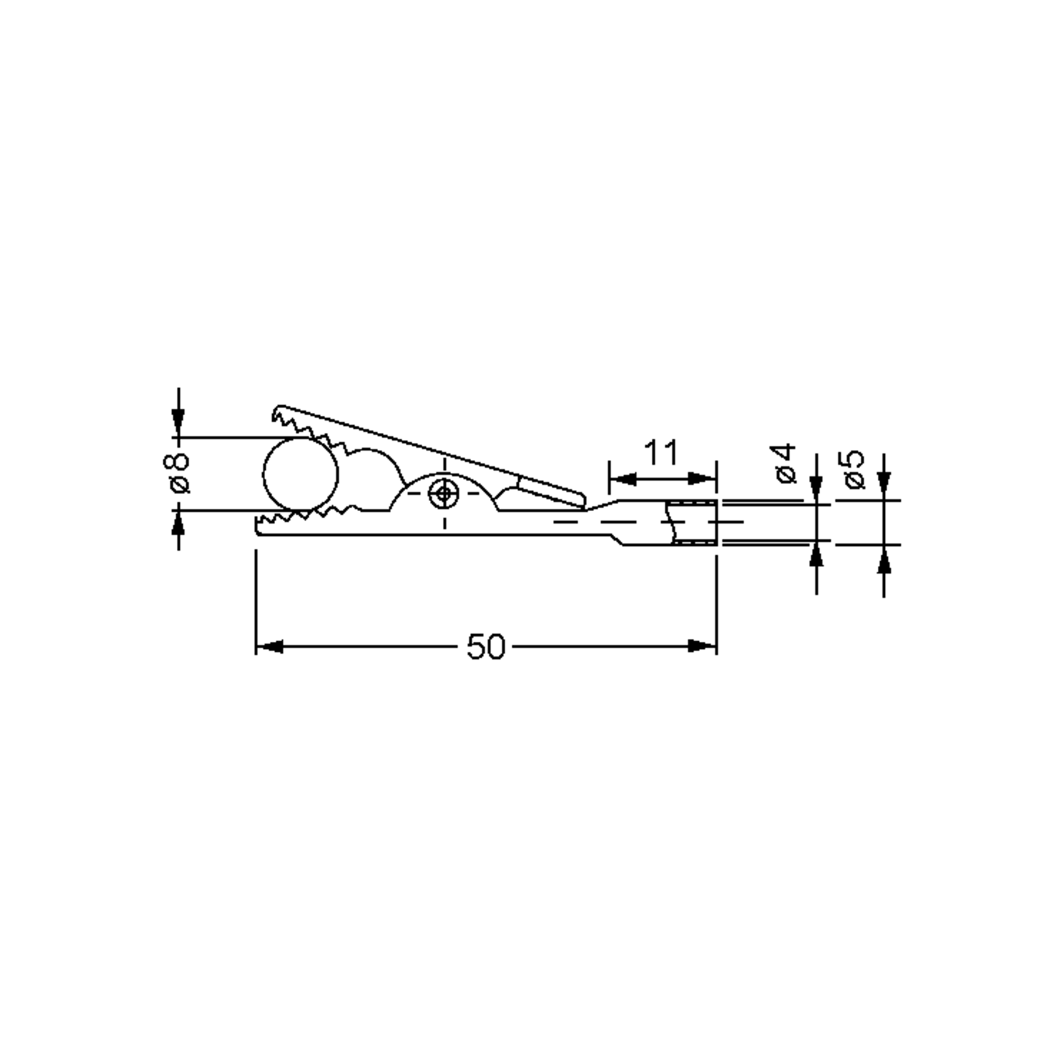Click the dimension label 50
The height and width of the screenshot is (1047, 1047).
[485, 647]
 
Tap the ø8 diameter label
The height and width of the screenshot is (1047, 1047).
[177, 473]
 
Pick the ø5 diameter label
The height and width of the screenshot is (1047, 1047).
[854, 469]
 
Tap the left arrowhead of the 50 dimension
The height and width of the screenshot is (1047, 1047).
[269, 647]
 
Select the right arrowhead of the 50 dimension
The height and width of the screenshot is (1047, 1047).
[702, 647]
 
